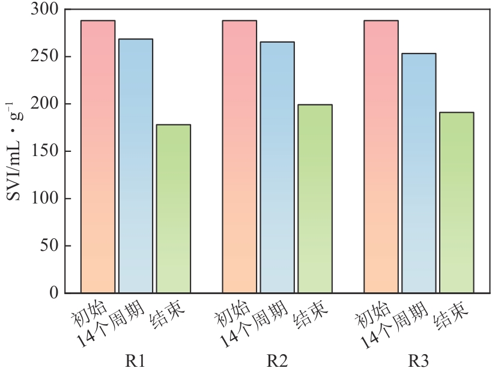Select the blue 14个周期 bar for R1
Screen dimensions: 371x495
(136, 166)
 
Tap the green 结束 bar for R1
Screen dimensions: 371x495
(174, 208)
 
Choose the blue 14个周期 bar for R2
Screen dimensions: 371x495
(278, 167)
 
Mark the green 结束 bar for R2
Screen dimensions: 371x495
(315, 199)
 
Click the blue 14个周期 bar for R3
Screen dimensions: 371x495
(419, 173)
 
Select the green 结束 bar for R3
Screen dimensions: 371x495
(457, 202)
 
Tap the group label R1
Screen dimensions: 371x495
(136, 361)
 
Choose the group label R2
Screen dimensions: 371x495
(278, 361)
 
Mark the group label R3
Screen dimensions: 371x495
(419, 361)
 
